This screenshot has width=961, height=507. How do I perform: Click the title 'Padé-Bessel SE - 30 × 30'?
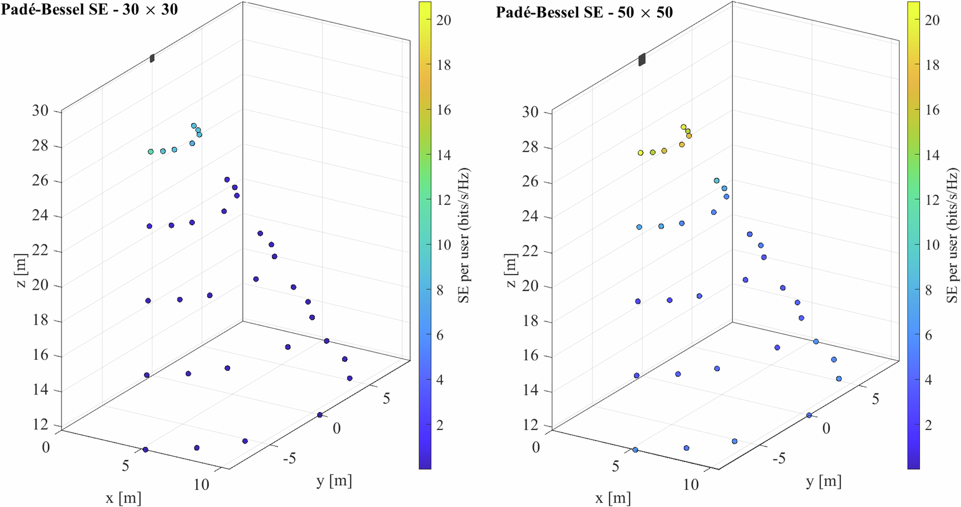[x=89, y=9]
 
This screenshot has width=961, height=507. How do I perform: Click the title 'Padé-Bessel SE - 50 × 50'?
[x=584, y=12]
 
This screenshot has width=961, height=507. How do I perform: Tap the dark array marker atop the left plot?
[x=152, y=58]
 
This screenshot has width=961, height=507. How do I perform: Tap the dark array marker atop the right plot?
[x=641, y=59]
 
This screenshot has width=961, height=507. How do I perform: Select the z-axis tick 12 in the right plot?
[x=531, y=425]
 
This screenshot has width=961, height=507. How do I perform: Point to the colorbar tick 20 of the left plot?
[x=444, y=20]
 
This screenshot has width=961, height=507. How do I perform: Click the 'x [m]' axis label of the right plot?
[x=613, y=498]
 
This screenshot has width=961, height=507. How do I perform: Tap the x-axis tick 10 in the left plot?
[x=202, y=484]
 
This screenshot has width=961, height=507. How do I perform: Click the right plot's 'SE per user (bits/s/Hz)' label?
[x=952, y=236]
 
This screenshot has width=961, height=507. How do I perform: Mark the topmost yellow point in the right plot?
[x=683, y=127]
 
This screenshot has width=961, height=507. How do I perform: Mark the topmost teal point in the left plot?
[x=193, y=126]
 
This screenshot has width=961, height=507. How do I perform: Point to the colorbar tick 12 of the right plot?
[x=932, y=200]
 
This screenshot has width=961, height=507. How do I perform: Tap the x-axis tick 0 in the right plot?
[x=535, y=447]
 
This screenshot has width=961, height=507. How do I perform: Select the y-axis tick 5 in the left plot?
[x=387, y=398]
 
